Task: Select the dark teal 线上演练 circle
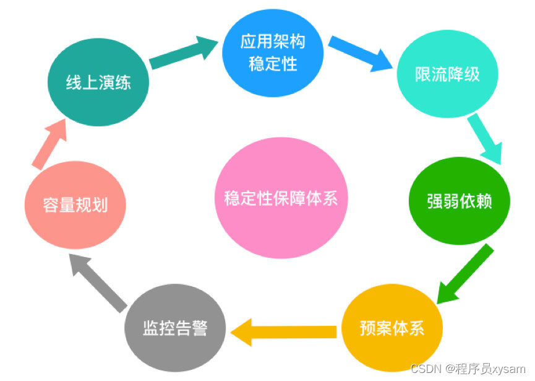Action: (98, 82)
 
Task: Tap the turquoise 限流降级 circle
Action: (447, 75)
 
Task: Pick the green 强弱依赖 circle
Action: (460, 201)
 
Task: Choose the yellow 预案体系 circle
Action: (392, 328)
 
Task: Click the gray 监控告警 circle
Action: (175, 328)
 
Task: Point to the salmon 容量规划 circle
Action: (75, 205)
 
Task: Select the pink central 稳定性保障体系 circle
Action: (281, 199)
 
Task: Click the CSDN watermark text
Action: (426, 369)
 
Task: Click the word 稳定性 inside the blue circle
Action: (273, 63)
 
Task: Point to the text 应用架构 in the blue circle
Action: (273, 42)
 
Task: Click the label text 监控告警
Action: (175, 328)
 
